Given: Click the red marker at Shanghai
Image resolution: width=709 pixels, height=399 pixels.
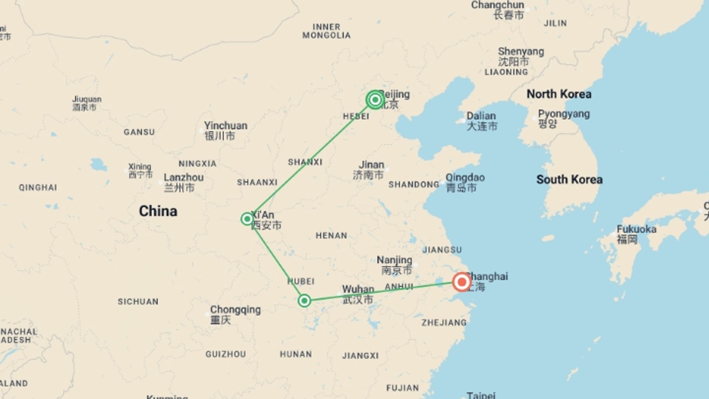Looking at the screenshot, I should [x=462, y=282].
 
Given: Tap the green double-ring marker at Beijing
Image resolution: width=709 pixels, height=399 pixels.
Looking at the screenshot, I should [x=375, y=100].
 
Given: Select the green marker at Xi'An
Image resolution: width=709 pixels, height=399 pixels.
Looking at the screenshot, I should [x=247, y=219].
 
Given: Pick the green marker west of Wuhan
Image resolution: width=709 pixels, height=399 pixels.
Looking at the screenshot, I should [x=304, y=301].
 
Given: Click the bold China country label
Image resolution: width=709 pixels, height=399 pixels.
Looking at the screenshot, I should [x=158, y=211].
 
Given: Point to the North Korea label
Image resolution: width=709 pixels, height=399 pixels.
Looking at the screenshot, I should [x=559, y=94].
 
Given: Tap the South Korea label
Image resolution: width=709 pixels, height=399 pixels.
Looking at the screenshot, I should [x=569, y=180].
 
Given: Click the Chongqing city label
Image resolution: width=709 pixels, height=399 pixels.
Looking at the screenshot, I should [x=235, y=314].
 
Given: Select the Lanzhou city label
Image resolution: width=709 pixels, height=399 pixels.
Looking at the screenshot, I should [x=184, y=183].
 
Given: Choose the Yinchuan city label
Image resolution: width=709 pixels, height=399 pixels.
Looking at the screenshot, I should [x=225, y=131].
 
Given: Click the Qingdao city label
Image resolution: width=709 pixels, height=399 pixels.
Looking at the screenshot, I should [x=465, y=183].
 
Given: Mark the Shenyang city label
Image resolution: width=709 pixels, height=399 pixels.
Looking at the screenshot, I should [x=521, y=56].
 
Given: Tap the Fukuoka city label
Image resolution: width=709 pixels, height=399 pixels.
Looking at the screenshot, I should [x=636, y=234].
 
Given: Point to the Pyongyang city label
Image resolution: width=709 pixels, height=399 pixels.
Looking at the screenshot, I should [x=564, y=118].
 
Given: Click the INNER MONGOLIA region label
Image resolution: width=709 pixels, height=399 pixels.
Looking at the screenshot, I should [x=326, y=31].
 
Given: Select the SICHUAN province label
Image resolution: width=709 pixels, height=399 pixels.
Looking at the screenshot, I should [x=138, y=301].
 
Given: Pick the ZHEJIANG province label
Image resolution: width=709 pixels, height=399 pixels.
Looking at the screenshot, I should [x=444, y=323].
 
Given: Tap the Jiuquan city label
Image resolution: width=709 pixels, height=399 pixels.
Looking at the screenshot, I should [x=86, y=103].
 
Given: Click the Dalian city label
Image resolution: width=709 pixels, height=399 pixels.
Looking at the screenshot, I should [x=482, y=121].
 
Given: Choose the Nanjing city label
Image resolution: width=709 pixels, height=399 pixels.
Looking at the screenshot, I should [x=394, y=265].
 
